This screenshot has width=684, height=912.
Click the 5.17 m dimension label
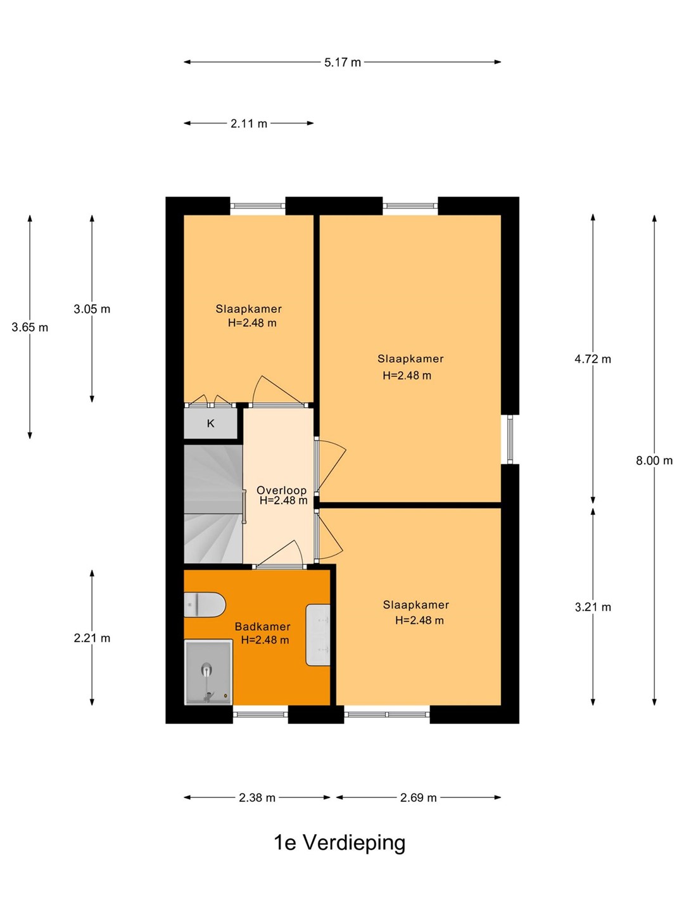point(342,63)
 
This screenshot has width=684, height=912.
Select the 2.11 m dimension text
point(249,123)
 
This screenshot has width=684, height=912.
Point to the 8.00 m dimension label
point(654,460)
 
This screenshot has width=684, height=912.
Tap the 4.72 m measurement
point(593,359)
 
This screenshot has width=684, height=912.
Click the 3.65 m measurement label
point(30,327)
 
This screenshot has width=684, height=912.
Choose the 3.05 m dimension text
point(92,309)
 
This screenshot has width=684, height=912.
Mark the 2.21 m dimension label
point(92,638)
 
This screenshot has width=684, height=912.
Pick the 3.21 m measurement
point(593,607)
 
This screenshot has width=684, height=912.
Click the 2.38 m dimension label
point(257,798)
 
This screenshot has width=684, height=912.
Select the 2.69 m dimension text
point(418,798)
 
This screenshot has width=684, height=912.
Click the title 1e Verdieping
point(339,843)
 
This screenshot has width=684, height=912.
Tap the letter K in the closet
point(210,424)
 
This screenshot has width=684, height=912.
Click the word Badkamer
point(262,626)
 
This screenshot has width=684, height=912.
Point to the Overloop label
point(282,490)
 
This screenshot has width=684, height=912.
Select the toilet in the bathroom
point(205,605)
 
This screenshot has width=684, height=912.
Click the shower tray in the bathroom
point(208,672)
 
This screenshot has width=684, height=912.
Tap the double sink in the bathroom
point(318,635)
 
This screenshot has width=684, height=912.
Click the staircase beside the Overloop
point(213,504)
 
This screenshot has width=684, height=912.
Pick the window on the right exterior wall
point(510,440)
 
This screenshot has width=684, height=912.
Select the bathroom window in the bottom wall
point(260,714)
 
